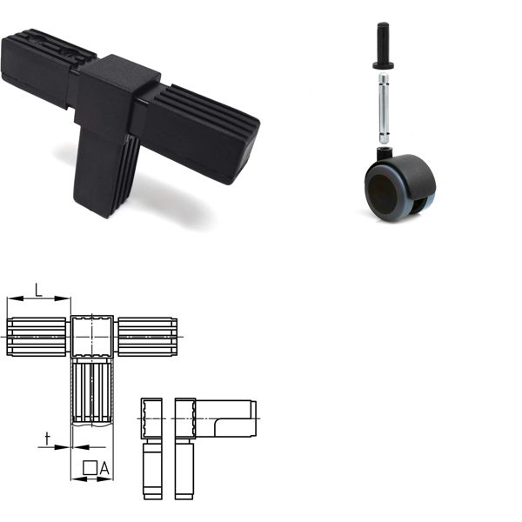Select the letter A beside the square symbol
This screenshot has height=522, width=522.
click(104, 469)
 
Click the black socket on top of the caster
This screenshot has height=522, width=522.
click(384, 154)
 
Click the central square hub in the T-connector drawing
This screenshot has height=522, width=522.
click(91, 336)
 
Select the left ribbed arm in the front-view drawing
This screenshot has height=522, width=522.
click(37, 337)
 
